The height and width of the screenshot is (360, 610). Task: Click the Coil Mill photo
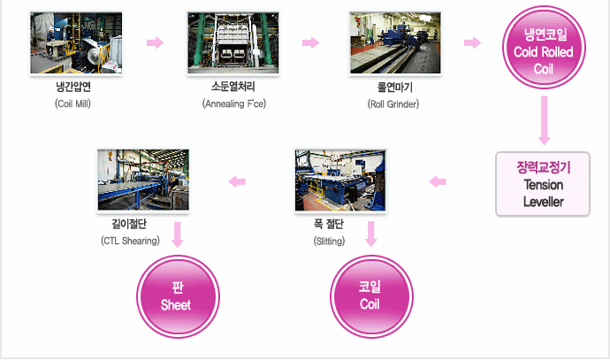tap(73, 44)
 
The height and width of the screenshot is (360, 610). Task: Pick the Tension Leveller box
tap(543, 185)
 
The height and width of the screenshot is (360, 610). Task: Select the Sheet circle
tap(176, 295)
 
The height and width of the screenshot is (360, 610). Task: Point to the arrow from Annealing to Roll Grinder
tap(310, 42)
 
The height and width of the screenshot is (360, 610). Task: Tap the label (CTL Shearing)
tap(130, 241)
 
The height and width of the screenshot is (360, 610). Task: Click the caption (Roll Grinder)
tap(393, 104)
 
